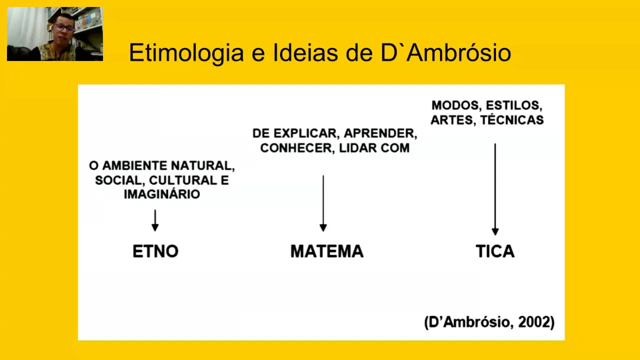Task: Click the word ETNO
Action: pos(155,251)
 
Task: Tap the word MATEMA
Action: pos(327,251)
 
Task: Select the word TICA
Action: pos(495,251)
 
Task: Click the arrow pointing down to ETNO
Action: pos(155,220)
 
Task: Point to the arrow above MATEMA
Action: pos(323,203)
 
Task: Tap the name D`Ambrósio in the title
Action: pos(446,53)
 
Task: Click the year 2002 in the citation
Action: pos(536,322)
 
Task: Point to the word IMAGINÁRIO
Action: pos(162,194)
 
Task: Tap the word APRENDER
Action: pos(380,134)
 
